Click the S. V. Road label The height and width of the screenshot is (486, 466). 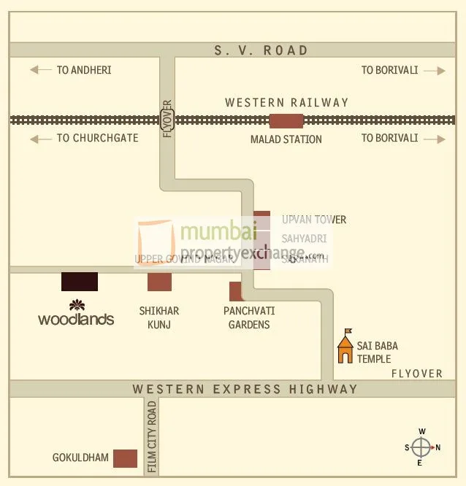click(261, 50)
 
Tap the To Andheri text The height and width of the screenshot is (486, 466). click(84, 71)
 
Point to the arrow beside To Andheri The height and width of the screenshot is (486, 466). click(40, 71)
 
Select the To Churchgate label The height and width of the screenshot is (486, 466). click(97, 138)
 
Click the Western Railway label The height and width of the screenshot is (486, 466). click(287, 103)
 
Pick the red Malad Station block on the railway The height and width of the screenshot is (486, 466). click(286, 120)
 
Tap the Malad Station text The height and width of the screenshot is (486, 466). click(286, 139)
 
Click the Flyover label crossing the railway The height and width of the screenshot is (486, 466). click(167, 119)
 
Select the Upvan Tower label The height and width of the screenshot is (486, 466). click(314, 220)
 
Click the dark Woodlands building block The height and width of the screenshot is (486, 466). click(80, 282)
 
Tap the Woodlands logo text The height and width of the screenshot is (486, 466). click(76, 319)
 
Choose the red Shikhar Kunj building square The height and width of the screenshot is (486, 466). click(159, 282)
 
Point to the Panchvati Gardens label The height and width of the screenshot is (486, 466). click(249, 317)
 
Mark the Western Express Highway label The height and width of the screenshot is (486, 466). click(245, 389)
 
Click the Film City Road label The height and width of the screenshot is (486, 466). click(152, 436)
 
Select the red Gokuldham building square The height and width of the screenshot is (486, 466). click(125, 458)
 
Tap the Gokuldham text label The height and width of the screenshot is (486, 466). click(80, 458)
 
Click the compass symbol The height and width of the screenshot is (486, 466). click(421, 447)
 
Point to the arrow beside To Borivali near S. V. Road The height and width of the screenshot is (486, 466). click(434, 71)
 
